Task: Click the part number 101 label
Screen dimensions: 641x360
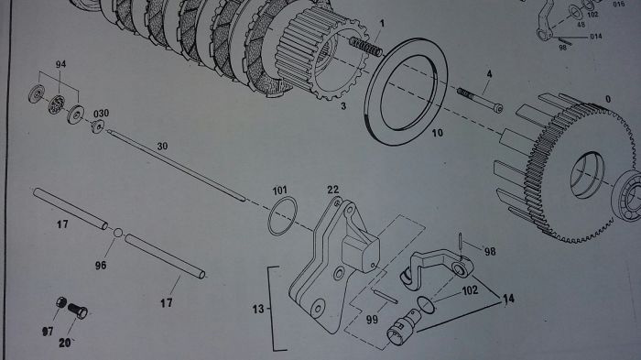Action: [280, 191]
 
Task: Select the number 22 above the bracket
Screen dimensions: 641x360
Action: [333, 190]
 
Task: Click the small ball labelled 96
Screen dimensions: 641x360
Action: [118, 233]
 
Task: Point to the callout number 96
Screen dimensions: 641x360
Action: [101, 265]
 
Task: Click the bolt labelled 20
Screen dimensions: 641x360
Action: [78, 311]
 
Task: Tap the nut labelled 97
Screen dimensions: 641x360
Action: [61, 302]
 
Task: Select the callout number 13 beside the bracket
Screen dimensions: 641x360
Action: [258, 309]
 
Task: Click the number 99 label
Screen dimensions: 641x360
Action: [372, 319]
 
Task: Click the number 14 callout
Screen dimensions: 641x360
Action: [508, 299]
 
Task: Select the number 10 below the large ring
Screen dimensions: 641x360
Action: [438, 133]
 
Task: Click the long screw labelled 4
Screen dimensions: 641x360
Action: [480, 100]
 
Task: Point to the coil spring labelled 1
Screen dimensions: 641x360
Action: [366, 47]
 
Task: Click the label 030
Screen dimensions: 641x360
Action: [101, 114]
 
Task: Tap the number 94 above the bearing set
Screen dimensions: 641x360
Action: [61, 64]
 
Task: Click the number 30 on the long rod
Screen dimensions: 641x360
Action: [162, 146]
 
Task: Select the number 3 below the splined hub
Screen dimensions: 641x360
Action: [343, 106]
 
